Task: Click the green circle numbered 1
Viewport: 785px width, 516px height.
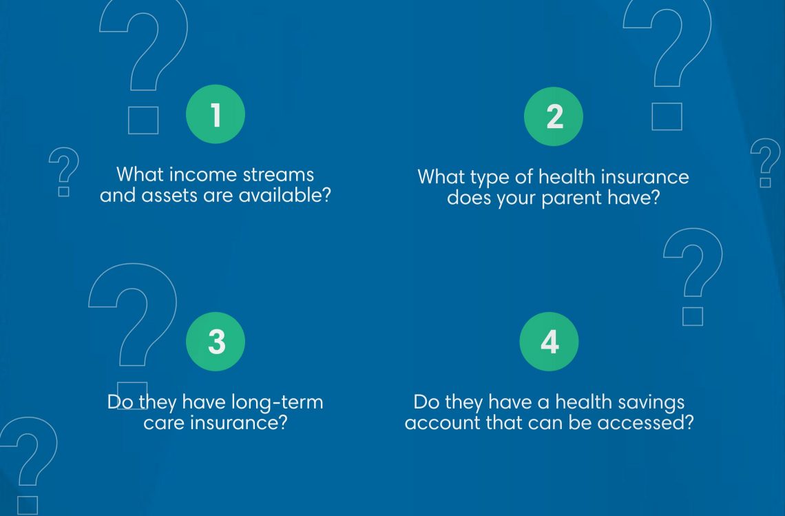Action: click(216, 114)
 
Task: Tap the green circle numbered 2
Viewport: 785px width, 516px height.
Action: click(554, 116)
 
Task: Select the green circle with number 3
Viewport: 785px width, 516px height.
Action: click(216, 342)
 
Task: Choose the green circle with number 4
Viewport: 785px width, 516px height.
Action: click(549, 342)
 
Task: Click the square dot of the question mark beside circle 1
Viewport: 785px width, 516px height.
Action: click(143, 121)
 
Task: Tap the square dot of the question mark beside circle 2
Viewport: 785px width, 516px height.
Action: click(667, 116)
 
